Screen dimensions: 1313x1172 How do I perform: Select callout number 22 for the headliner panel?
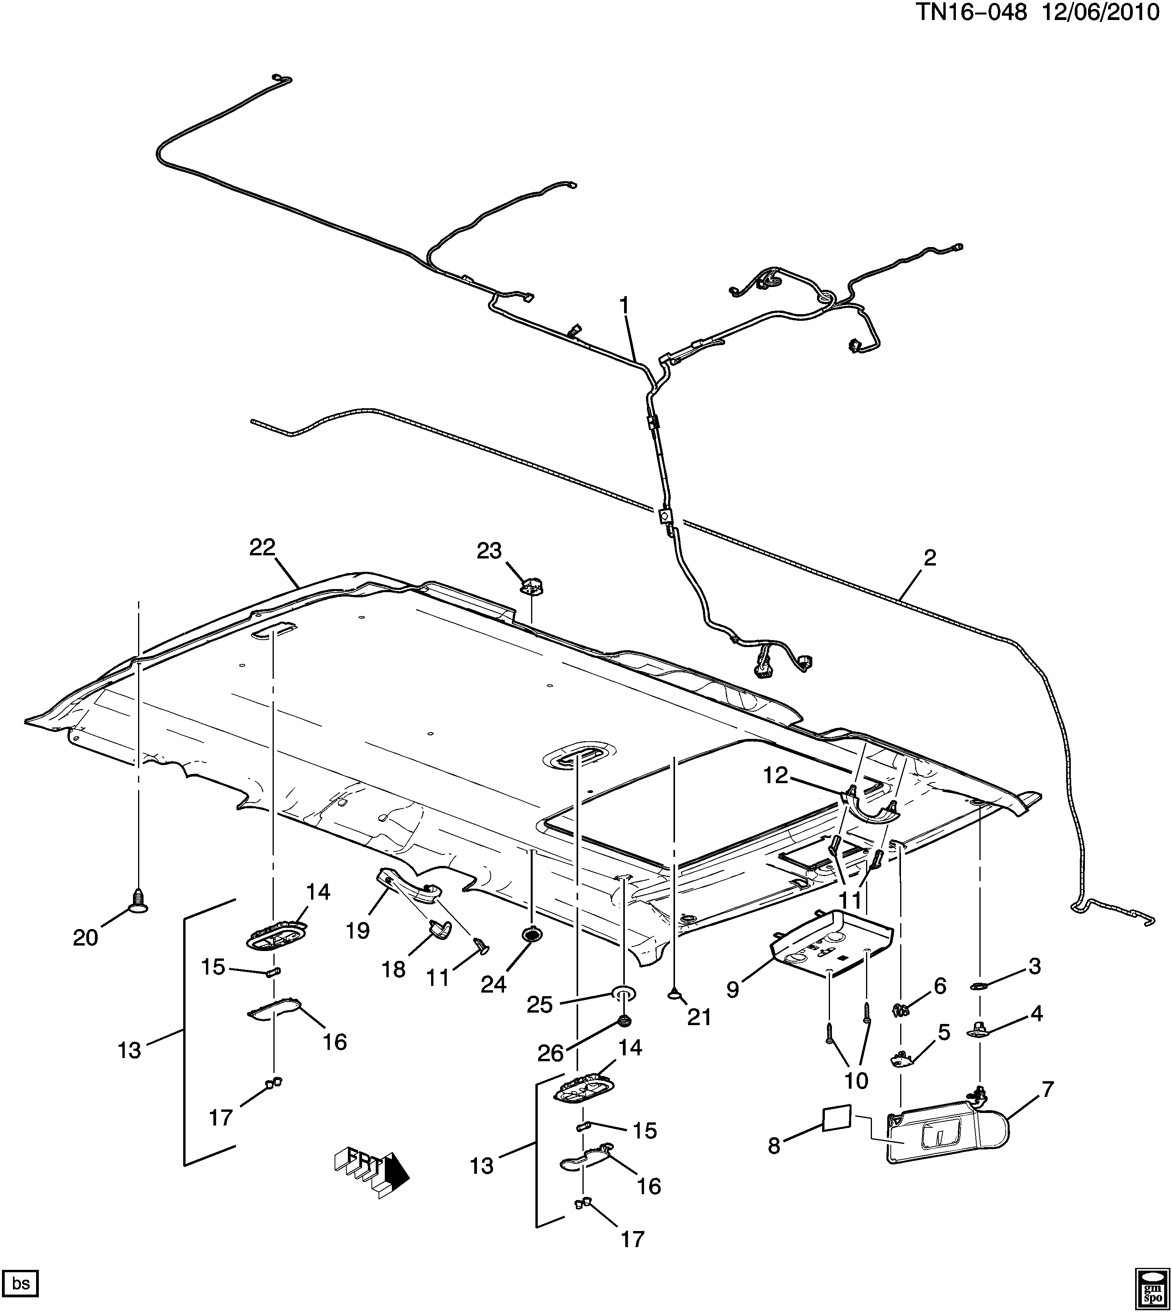[262, 547]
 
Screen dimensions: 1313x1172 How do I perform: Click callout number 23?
[489, 551]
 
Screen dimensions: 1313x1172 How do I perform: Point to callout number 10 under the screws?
[857, 1080]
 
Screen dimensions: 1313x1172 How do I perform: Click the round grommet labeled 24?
[531, 935]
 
